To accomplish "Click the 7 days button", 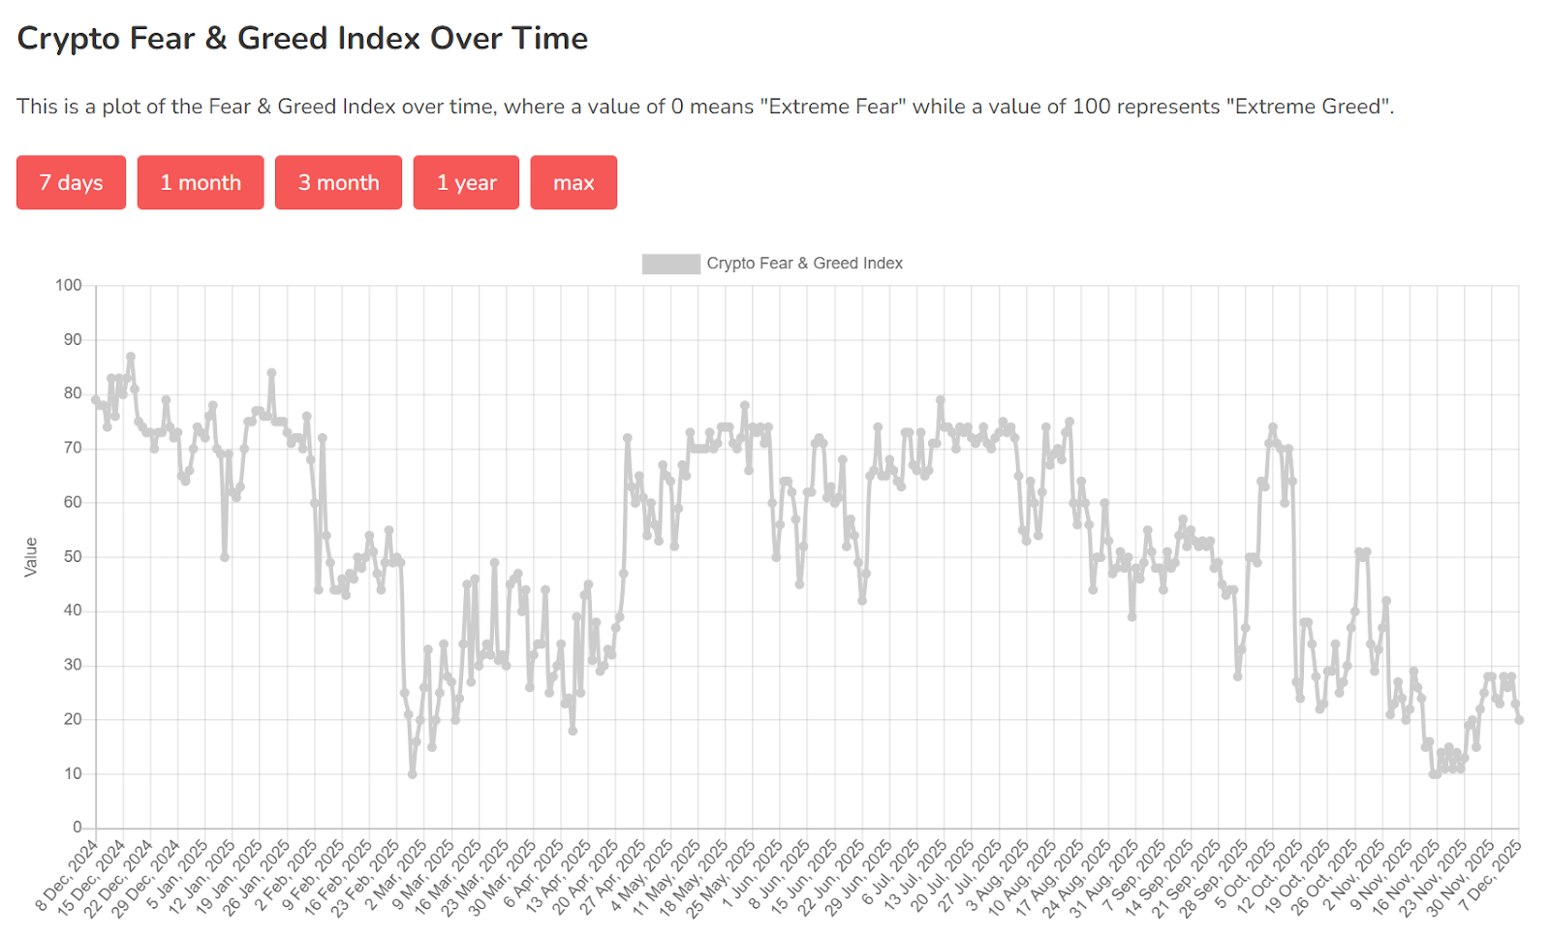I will tap(71, 182).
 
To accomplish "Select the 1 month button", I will tap(201, 182).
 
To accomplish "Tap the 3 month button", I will tap(338, 182).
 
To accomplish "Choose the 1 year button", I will tap(466, 182).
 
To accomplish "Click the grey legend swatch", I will tap(670, 264).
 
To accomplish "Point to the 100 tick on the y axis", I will tap(69, 285).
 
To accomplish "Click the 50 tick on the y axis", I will tap(73, 556).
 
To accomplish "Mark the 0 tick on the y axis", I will tap(77, 828).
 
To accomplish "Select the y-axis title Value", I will tap(31, 557).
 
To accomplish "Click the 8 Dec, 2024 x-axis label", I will tap(68, 877).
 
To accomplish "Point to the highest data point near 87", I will tap(131, 357).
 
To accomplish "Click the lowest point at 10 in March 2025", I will tap(413, 774).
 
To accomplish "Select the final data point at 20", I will tap(1519, 720).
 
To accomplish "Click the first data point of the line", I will tap(96, 399).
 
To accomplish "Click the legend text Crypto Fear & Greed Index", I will tap(804, 264).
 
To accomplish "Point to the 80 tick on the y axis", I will tap(73, 393).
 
